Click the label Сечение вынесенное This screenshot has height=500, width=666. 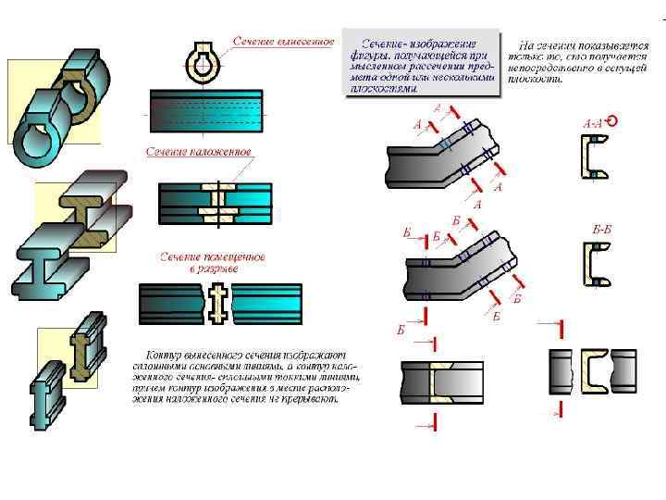282,42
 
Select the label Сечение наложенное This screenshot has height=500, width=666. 197,151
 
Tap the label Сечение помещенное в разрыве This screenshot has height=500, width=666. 214,262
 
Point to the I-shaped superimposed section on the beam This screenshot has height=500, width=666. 221,202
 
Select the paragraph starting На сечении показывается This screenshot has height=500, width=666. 577,61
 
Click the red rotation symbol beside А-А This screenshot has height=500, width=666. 611,120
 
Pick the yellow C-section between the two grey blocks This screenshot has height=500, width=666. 593,369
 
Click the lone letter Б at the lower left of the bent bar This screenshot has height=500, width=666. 401,330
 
